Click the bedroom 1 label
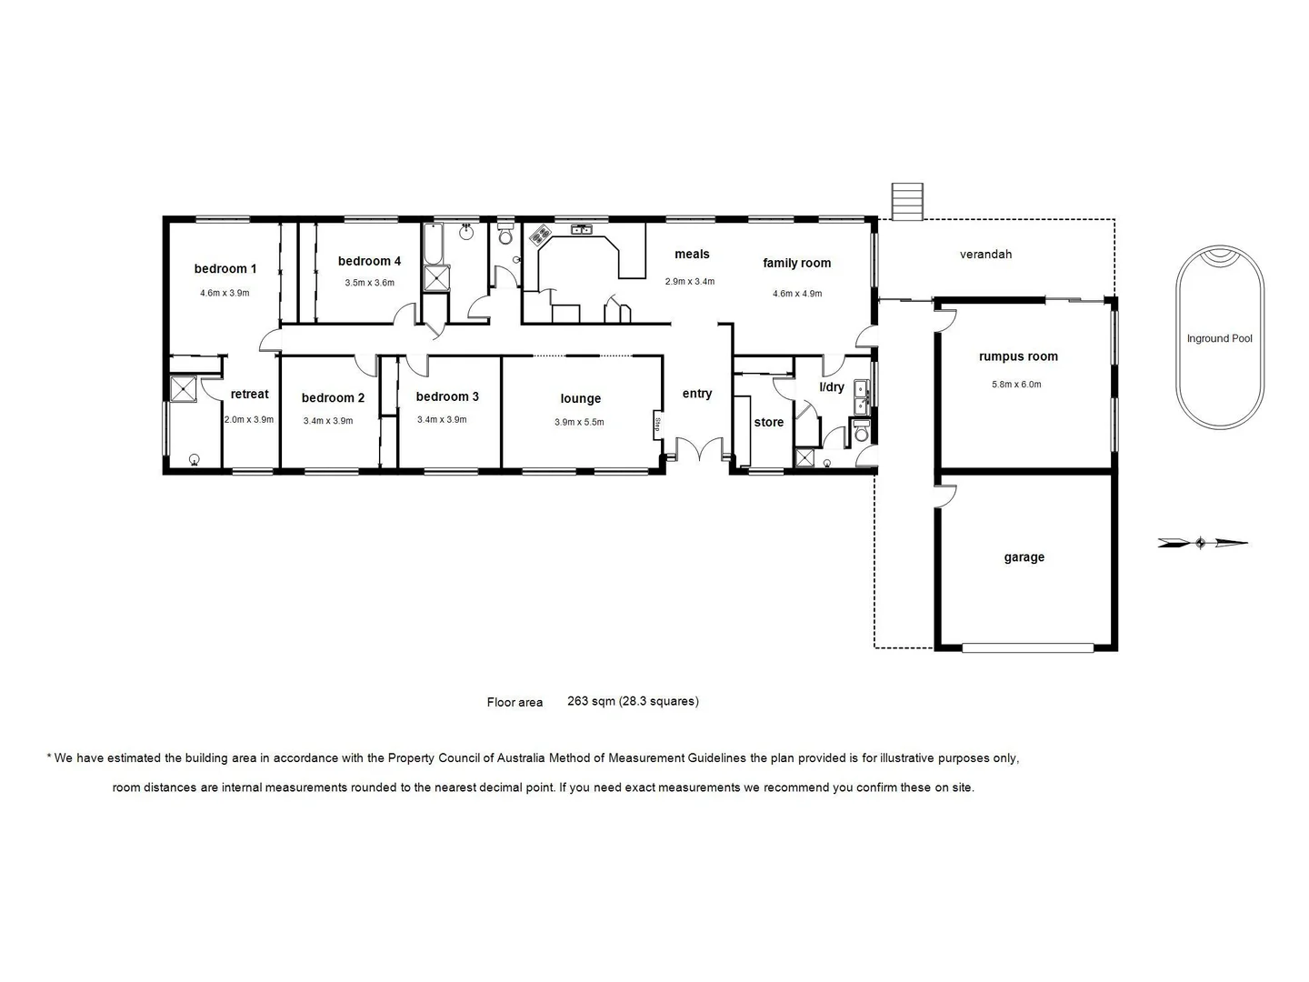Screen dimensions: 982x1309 click(x=225, y=268)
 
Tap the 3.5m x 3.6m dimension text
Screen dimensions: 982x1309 click(x=369, y=283)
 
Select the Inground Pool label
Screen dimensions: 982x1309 click(x=1219, y=338)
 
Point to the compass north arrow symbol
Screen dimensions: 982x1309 click(x=1202, y=543)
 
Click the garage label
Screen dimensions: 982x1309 click(x=1024, y=557)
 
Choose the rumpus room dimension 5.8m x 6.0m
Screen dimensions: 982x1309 click(x=1016, y=385)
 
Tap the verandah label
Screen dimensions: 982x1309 click(x=985, y=255)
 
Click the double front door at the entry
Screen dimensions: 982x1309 click(x=698, y=450)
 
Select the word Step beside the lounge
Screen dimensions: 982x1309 click(x=656, y=424)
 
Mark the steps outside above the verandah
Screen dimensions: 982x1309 click(x=907, y=201)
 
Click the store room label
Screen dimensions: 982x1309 click(x=768, y=422)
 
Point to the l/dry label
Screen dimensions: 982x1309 click(x=832, y=387)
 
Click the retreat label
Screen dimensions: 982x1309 click(x=249, y=394)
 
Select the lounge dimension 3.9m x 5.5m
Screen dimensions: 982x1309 click(x=579, y=422)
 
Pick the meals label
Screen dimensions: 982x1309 click(x=692, y=255)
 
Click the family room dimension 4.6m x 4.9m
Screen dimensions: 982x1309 click(x=796, y=294)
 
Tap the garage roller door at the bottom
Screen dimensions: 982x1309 click(x=1027, y=648)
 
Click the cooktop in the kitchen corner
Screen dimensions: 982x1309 click(x=540, y=236)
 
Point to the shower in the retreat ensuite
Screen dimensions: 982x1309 click(x=184, y=388)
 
